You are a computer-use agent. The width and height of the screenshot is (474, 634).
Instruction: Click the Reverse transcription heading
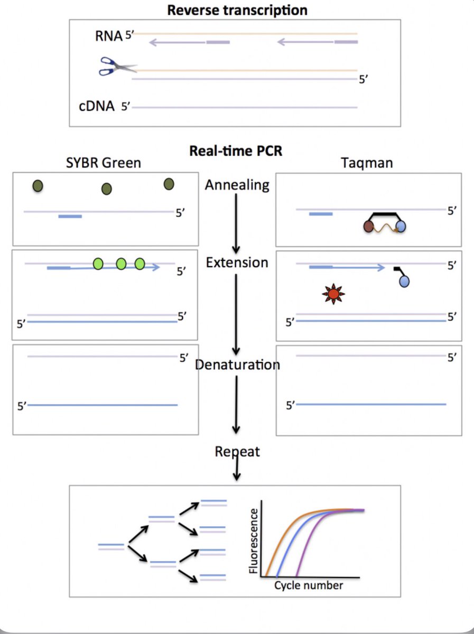pos(237,10)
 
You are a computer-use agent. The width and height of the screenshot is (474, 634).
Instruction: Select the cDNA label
pos(97,107)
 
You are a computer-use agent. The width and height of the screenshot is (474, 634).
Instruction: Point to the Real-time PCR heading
pos(236,151)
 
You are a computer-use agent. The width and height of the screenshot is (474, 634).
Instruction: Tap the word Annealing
pos(237,185)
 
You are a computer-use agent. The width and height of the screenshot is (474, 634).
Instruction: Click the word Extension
pos(237,262)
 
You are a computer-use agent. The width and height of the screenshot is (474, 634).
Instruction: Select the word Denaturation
pos(237,365)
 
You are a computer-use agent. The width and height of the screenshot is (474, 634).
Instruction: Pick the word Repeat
pos(237,452)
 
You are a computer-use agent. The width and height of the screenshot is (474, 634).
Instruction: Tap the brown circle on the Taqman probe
pos(369,227)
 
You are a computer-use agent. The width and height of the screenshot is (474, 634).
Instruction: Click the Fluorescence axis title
pos(255,540)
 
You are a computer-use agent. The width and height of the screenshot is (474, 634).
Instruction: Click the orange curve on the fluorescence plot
pos(280,534)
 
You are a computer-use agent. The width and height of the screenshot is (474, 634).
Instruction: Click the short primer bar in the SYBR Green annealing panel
pos(70,216)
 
